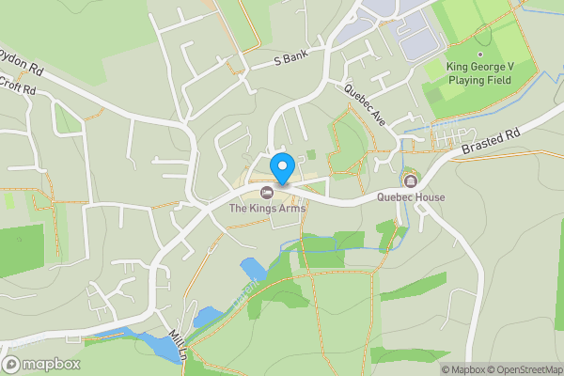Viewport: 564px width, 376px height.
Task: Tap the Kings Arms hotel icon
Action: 266,193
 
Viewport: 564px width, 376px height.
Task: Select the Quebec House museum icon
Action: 410,180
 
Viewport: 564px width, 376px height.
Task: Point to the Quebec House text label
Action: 411,197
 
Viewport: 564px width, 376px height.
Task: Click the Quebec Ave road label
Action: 365,106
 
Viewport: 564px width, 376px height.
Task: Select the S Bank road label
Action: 291,58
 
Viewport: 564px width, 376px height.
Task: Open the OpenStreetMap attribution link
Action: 520,368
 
